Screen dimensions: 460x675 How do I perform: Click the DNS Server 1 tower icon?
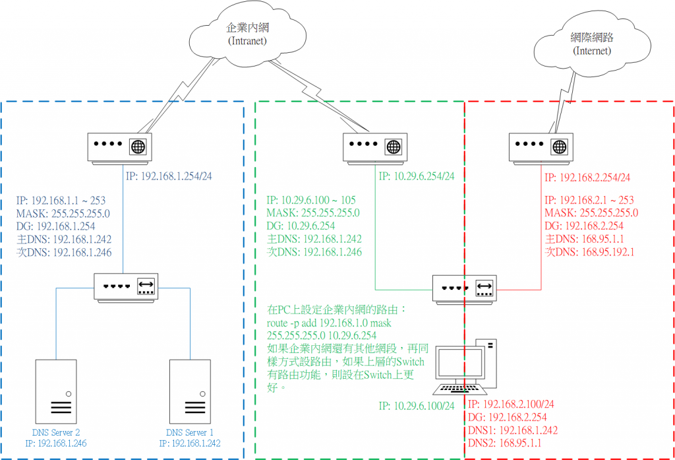click(192, 390)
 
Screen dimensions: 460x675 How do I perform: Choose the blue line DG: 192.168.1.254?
click(63, 226)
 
